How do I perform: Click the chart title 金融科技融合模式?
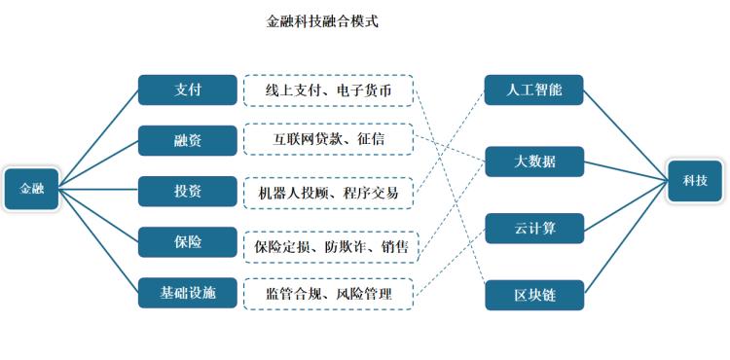(x=322, y=21)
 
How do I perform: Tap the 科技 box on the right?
(x=695, y=181)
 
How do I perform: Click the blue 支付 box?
(x=188, y=90)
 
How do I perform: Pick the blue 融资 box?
(x=188, y=140)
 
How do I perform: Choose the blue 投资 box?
(x=188, y=191)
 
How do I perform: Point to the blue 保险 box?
(x=188, y=241)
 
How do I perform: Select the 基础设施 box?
(x=188, y=292)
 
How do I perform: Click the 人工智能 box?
(x=534, y=90)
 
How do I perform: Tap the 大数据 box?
(x=534, y=162)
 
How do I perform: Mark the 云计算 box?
(x=534, y=228)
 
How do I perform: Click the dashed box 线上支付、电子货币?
(x=328, y=90)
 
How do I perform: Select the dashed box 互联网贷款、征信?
(x=328, y=140)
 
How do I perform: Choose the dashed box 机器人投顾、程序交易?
(x=328, y=192)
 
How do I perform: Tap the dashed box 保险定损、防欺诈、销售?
(x=330, y=245)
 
